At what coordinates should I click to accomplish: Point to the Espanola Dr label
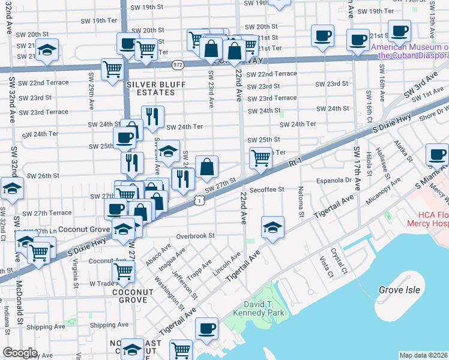pos(334,179)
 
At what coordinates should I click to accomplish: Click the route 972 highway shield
pos(178,63)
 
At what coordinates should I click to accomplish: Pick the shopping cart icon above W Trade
pos(123,271)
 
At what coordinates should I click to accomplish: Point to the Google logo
pos(20,353)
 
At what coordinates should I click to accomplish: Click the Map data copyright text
pos(424,355)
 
